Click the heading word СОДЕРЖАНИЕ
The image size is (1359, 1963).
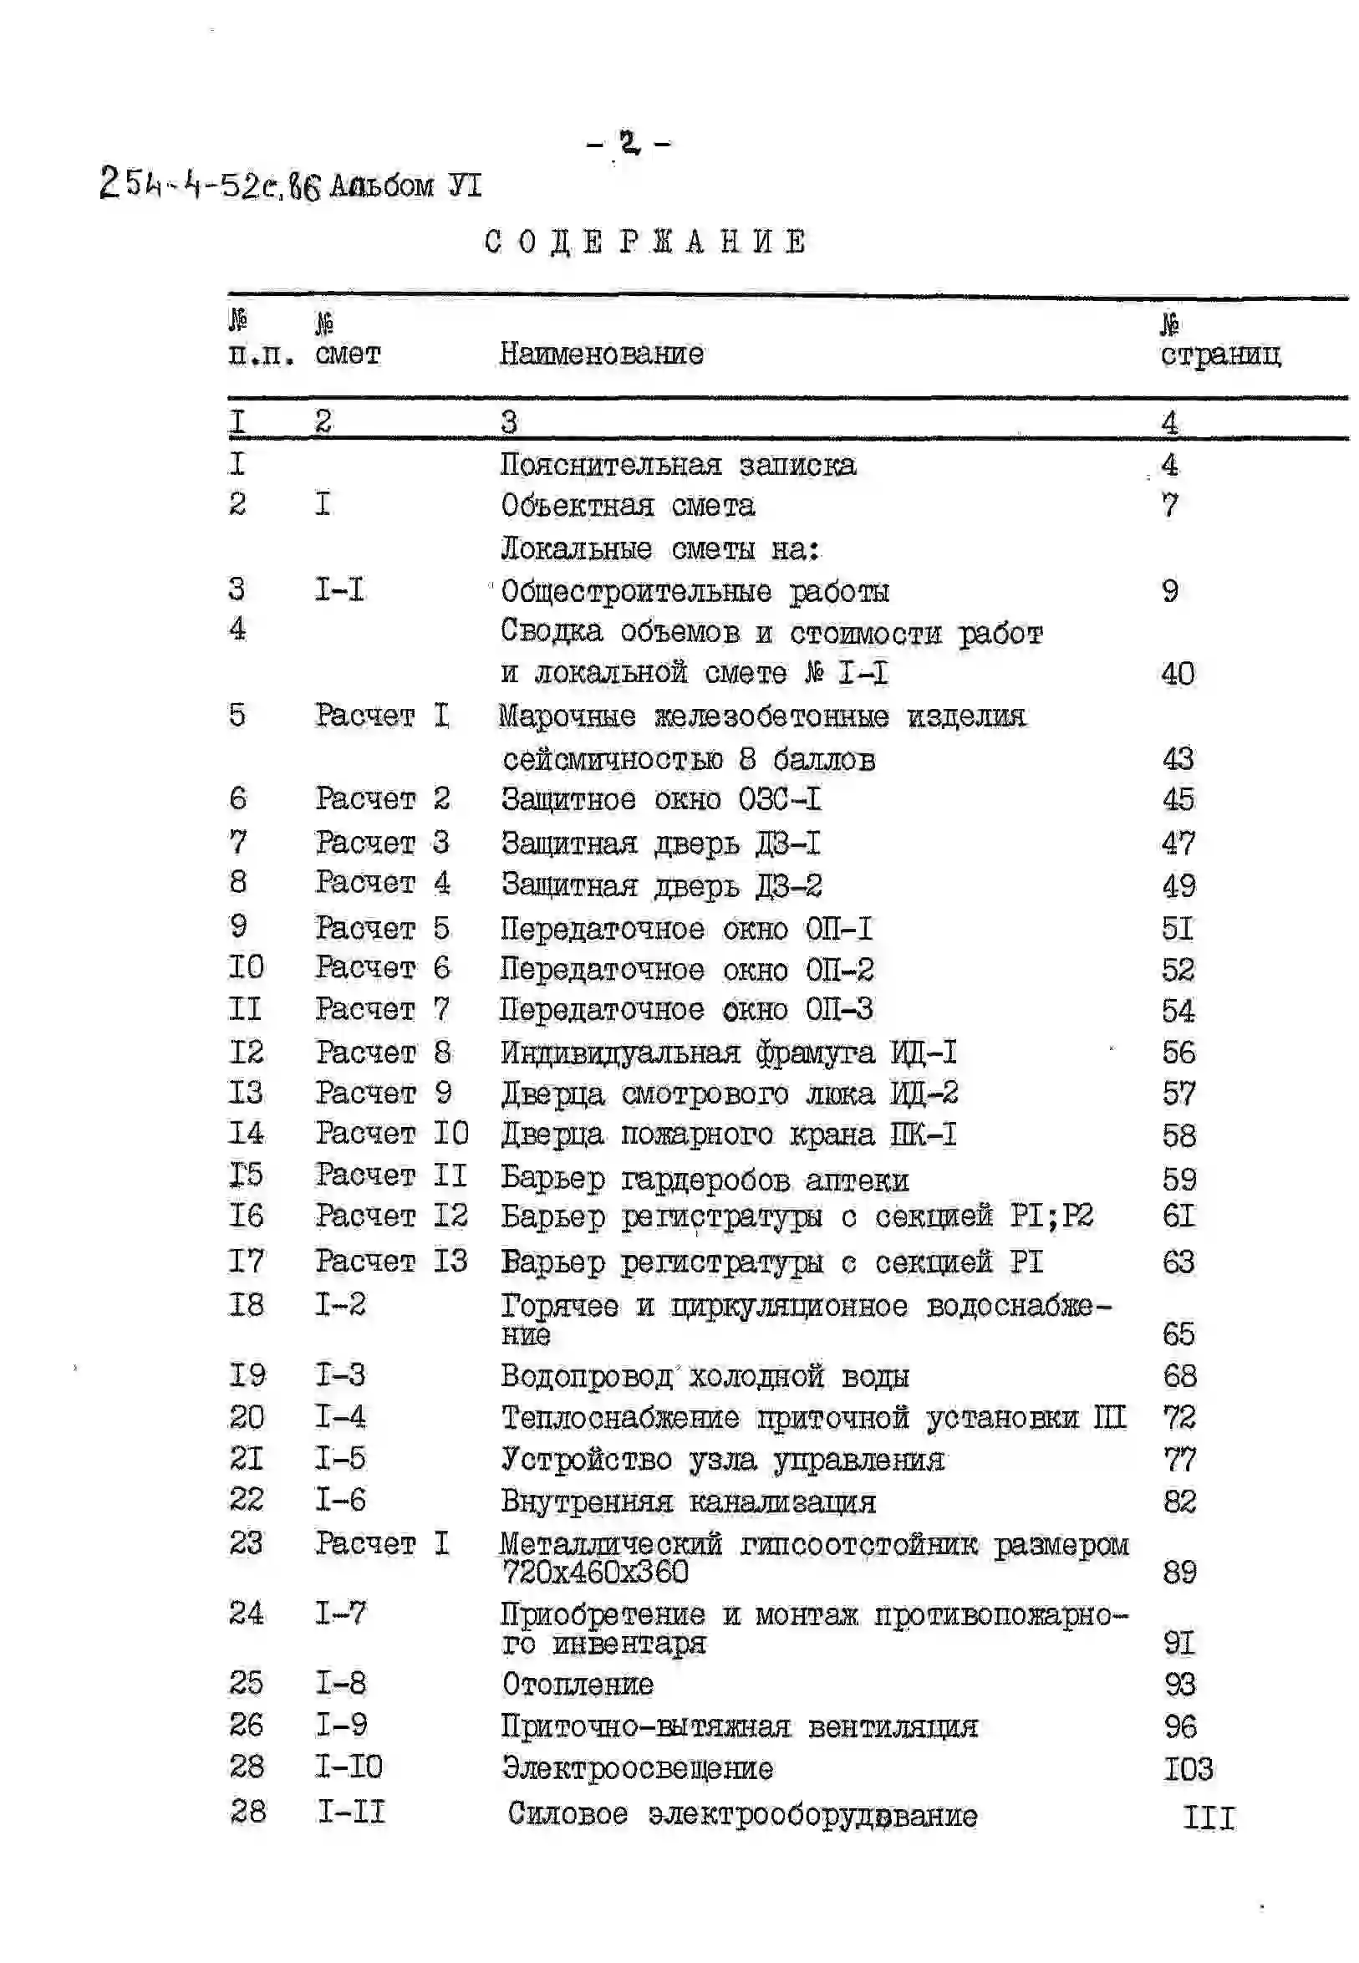coord(644,242)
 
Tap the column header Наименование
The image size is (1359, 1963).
coord(601,354)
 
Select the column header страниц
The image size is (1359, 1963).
coord(1219,354)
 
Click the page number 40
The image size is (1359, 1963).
coord(1178,674)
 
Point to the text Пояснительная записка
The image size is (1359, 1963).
coord(678,465)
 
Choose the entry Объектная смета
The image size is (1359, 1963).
coord(628,506)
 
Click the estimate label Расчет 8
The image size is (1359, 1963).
coord(383,1053)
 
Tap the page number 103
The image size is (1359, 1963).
coord(1188,1769)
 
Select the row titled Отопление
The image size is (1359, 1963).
coord(578,1684)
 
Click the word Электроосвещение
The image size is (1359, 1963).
coord(637,1768)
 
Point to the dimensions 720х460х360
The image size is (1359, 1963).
coord(594,1571)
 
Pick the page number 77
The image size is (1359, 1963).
coord(1179,1459)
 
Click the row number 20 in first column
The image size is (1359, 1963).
coord(246,1416)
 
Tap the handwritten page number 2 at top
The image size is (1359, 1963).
coord(629,142)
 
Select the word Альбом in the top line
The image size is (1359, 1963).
coord(381,186)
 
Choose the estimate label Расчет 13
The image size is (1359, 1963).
coord(391,1261)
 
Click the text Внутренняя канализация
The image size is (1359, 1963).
coord(688,1501)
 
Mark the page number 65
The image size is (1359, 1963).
coord(1178,1333)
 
